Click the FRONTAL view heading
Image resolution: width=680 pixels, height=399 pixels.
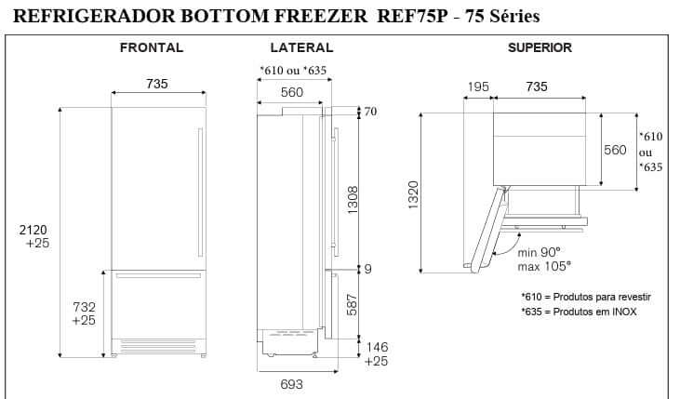click(x=152, y=47)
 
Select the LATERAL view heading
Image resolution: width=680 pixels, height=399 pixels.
click(x=301, y=47)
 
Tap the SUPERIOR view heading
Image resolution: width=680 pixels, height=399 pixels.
click(x=540, y=47)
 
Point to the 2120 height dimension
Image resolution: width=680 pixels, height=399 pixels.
click(x=33, y=230)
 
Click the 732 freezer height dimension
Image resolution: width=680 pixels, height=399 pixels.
click(x=84, y=307)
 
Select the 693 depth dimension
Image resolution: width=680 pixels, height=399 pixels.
click(x=291, y=384)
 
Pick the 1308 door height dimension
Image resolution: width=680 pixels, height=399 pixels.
click(x=353, y=200)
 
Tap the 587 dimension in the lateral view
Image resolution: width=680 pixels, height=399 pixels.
click(x=352, y=305)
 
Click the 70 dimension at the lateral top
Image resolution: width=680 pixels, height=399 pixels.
click(x=370, y=112)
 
